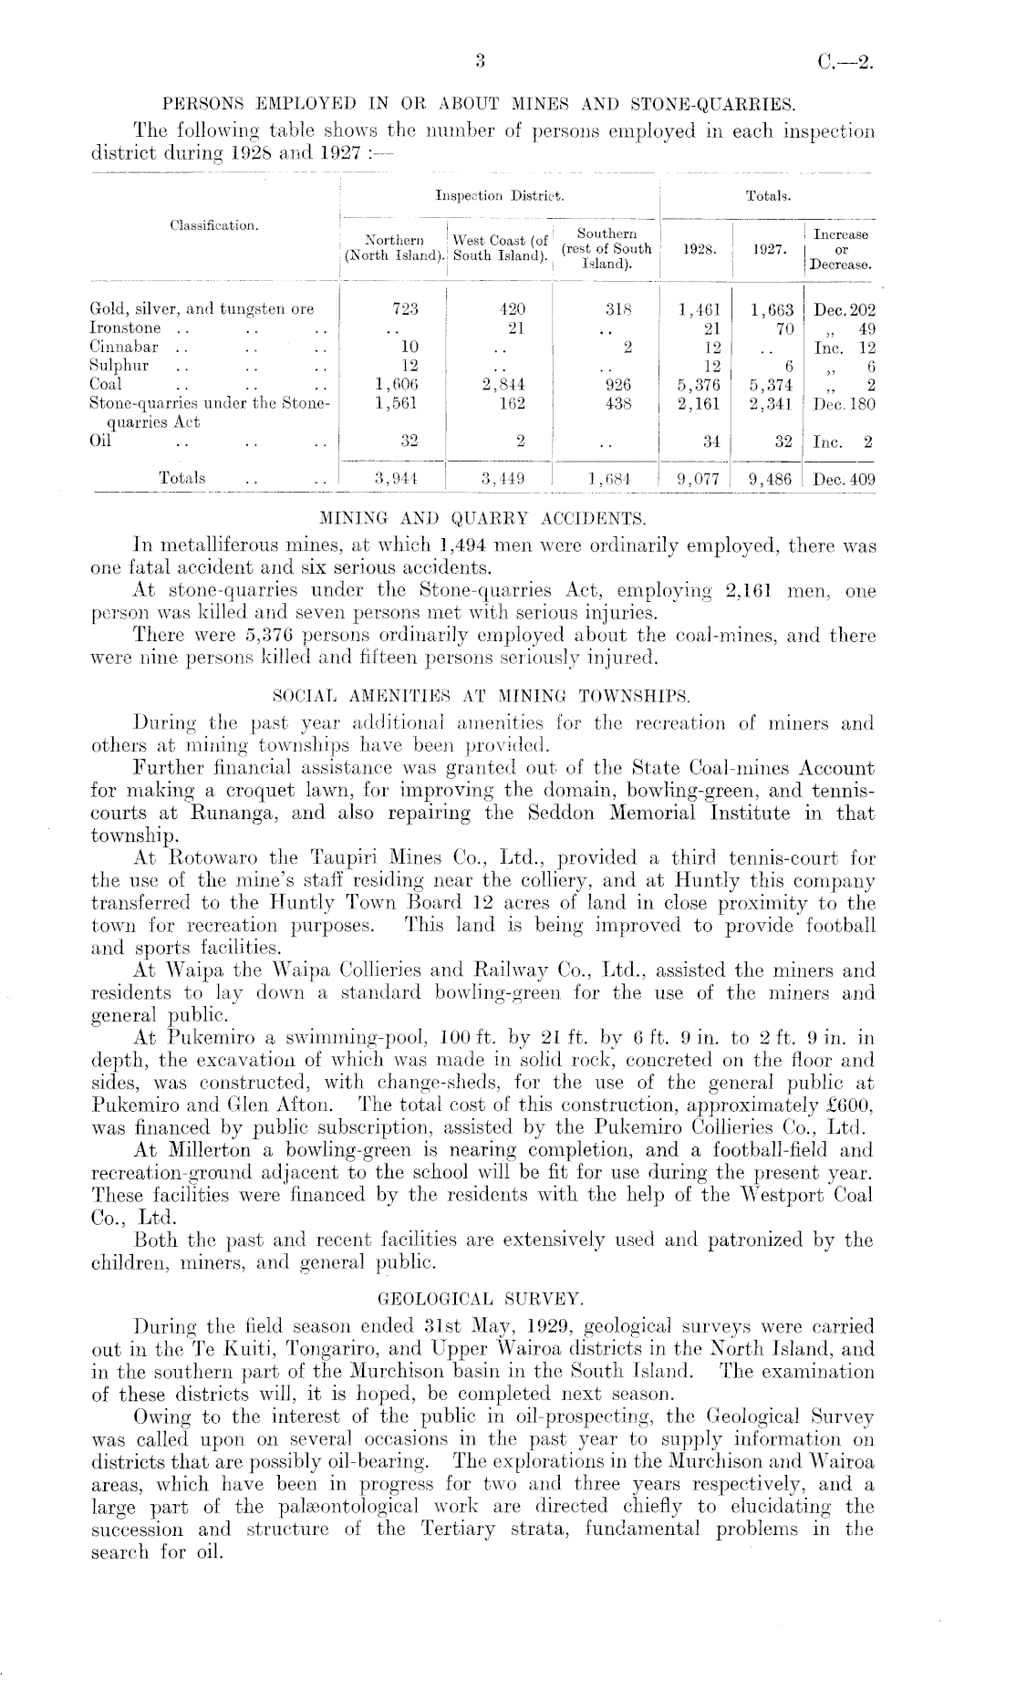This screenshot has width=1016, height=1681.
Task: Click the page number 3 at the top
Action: (479, 62)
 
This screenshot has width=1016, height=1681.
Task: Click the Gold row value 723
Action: (403, 308)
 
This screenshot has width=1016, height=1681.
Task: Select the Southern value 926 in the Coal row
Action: (617, 384)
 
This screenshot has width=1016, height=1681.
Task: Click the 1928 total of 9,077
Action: (700, 477)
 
